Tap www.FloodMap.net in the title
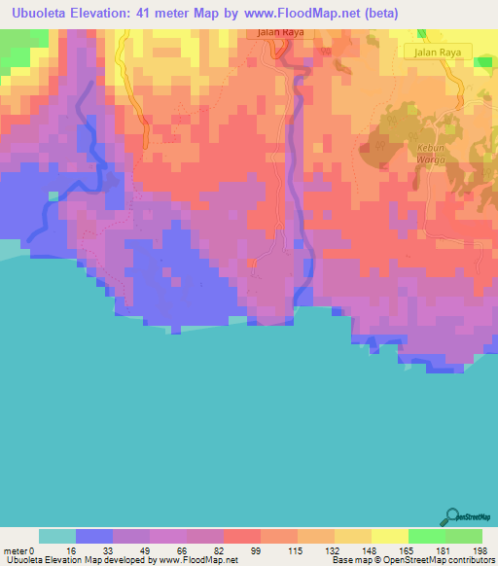click(296, 13)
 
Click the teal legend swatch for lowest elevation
click(57, 536)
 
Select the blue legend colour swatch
click(94, 536)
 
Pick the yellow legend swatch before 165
click(390, 536)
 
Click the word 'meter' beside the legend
click(15, 549)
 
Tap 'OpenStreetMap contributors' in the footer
click(429, 560)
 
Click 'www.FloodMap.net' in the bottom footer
click(194, 560)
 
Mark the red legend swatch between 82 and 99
click(242, 536)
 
